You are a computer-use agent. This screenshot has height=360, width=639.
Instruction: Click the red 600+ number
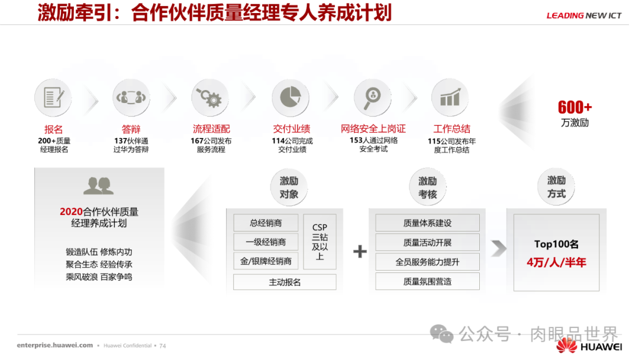[x=575, y=108]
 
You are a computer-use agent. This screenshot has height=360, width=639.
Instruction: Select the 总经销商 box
[x=266, y=223]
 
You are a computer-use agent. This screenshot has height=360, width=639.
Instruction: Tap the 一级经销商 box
[x=266, y=242]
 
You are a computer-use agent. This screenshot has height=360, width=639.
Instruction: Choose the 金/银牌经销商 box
[x=266, y=261]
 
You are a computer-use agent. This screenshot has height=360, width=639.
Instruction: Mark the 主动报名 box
[x=285, y=282]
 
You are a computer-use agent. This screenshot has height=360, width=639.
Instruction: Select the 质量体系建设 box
[x=427, y=223]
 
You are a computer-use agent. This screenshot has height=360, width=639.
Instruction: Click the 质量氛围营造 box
[x=427, y=281]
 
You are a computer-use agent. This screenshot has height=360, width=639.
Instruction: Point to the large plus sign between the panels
[x=360, y=252]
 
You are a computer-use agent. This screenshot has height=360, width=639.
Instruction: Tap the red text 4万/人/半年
[x=556, y=262]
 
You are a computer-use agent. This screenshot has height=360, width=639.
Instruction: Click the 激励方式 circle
[x=556, y=187]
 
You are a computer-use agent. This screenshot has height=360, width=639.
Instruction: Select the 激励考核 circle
[x=427, y=187]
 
